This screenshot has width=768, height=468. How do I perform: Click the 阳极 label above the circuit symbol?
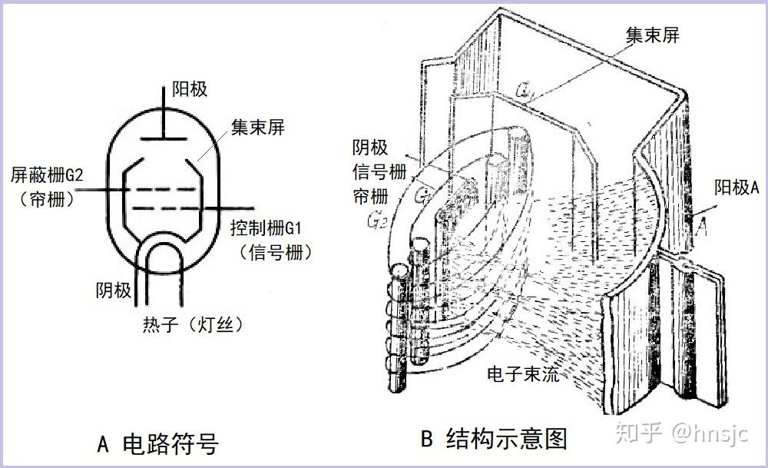[189, 89]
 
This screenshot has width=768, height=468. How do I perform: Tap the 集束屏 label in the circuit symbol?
[258, 127]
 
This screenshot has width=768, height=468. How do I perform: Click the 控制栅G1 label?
[271, 228]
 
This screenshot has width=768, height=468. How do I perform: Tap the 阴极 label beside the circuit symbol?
[113, 290]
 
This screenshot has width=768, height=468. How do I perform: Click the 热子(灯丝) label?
[193, 324]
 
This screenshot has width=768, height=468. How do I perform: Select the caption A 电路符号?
[158, 443]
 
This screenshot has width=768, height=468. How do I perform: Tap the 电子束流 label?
[523, 374]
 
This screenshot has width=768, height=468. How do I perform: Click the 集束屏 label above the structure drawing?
[653, 35]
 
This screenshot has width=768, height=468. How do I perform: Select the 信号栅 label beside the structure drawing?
[379, 171]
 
